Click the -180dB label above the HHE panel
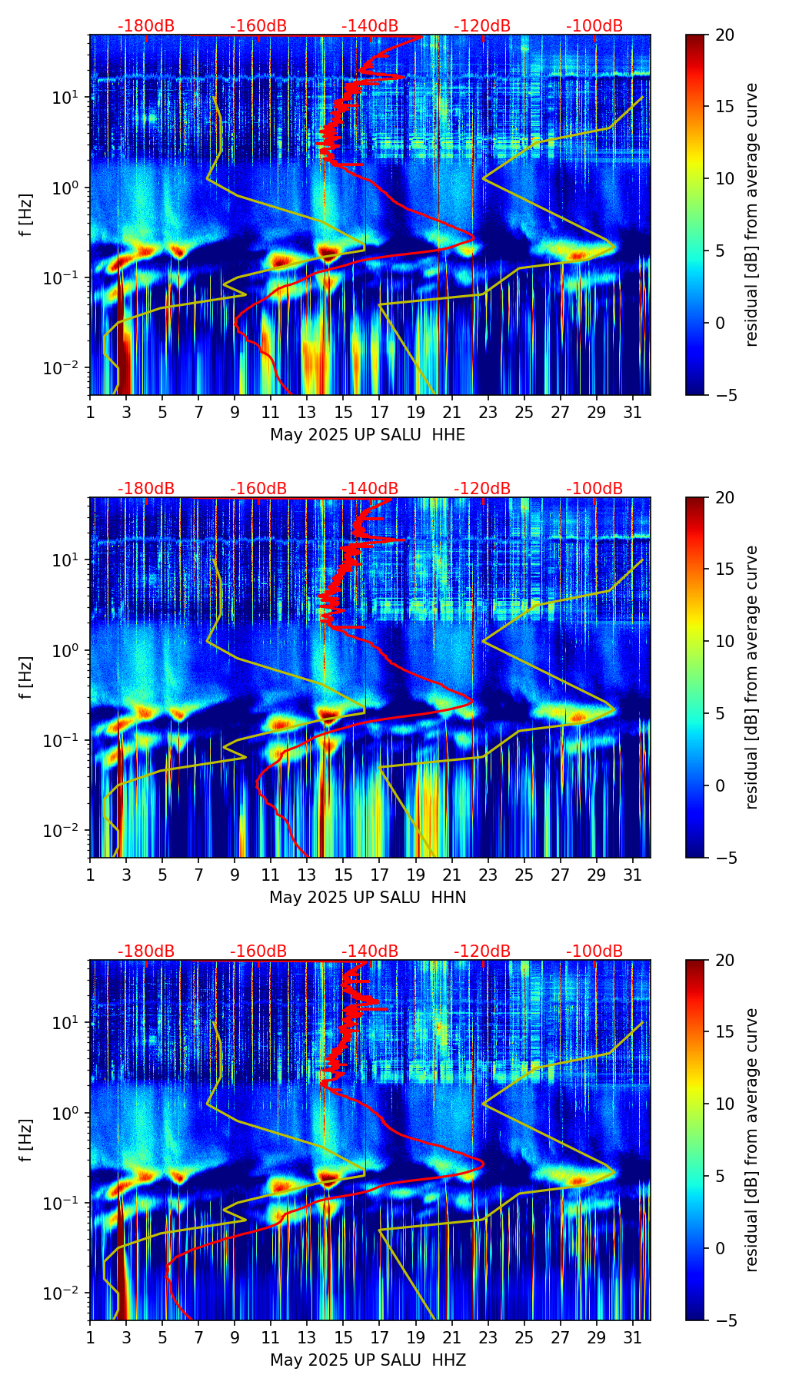pos(146,26)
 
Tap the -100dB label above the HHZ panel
pos(594,951)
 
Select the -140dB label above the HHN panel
pos(370,489)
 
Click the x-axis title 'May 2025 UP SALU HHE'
pos(368,435)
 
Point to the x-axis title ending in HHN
pos(368,898)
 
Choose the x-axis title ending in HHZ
pos(368,1360)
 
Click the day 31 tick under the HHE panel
pos(633,413)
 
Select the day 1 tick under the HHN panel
pos(91,875)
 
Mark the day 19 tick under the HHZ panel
pos(415,1338)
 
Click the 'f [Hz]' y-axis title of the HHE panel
pos(27,215)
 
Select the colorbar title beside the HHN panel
pos(752,677)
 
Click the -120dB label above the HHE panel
pos(482,26)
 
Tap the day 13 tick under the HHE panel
pos(307,413)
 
